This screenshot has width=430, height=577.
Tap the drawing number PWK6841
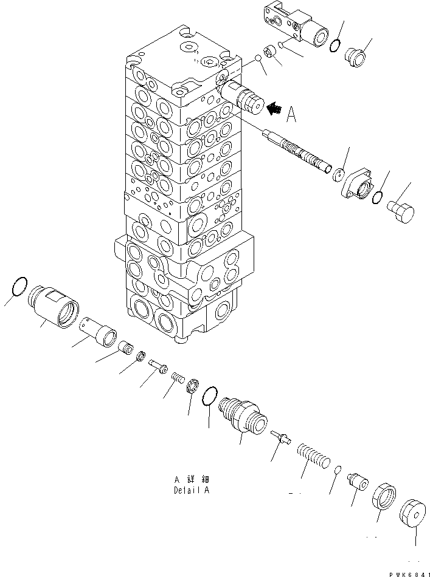point(408,573)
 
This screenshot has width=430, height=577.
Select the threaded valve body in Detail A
point(243,414)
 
